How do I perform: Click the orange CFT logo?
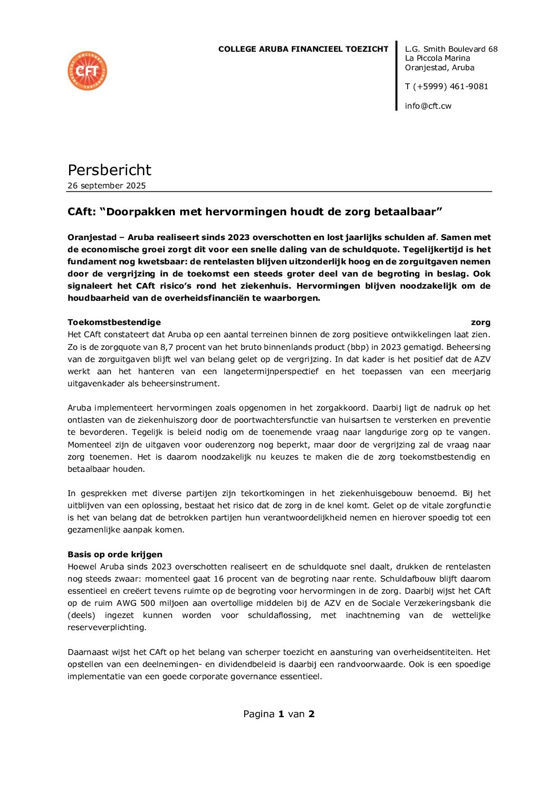[88, 71]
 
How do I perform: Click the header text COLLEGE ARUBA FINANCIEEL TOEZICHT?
[303, 49]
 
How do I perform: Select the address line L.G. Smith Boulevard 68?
[451, 49]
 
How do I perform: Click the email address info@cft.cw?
[428, 106]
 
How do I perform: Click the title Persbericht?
[109, 170]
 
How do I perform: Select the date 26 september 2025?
[107, 186]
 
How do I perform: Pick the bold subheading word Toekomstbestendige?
[114, 322]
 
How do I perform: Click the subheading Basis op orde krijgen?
[115, 555]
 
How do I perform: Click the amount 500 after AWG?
[148, 603]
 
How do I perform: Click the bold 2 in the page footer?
[312, 714]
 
